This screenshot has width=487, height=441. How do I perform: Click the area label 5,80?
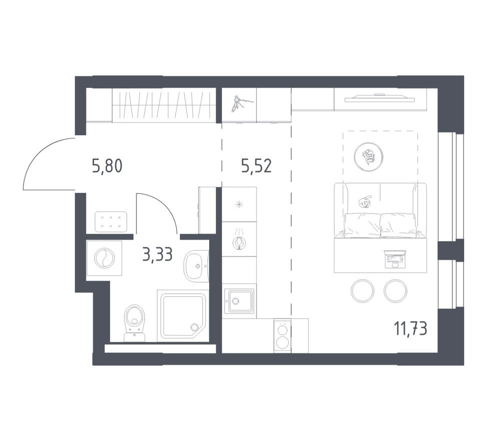click(107, 165)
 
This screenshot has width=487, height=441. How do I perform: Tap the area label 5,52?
click(256, 165)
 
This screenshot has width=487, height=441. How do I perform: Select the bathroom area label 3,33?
click(157, 255)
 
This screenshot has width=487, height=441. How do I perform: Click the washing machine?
click(104, 258)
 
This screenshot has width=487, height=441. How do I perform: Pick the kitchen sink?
click(239, 301)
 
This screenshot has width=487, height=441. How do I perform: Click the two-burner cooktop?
click(282, 336)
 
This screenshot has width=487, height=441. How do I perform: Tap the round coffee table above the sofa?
click(368, 157)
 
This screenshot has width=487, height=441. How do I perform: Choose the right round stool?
click(396, 291)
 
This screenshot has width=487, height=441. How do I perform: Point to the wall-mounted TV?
click(379, 98)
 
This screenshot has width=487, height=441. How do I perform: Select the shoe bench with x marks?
click(111, 222)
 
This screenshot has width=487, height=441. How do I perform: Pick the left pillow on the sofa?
click(362, 224)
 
